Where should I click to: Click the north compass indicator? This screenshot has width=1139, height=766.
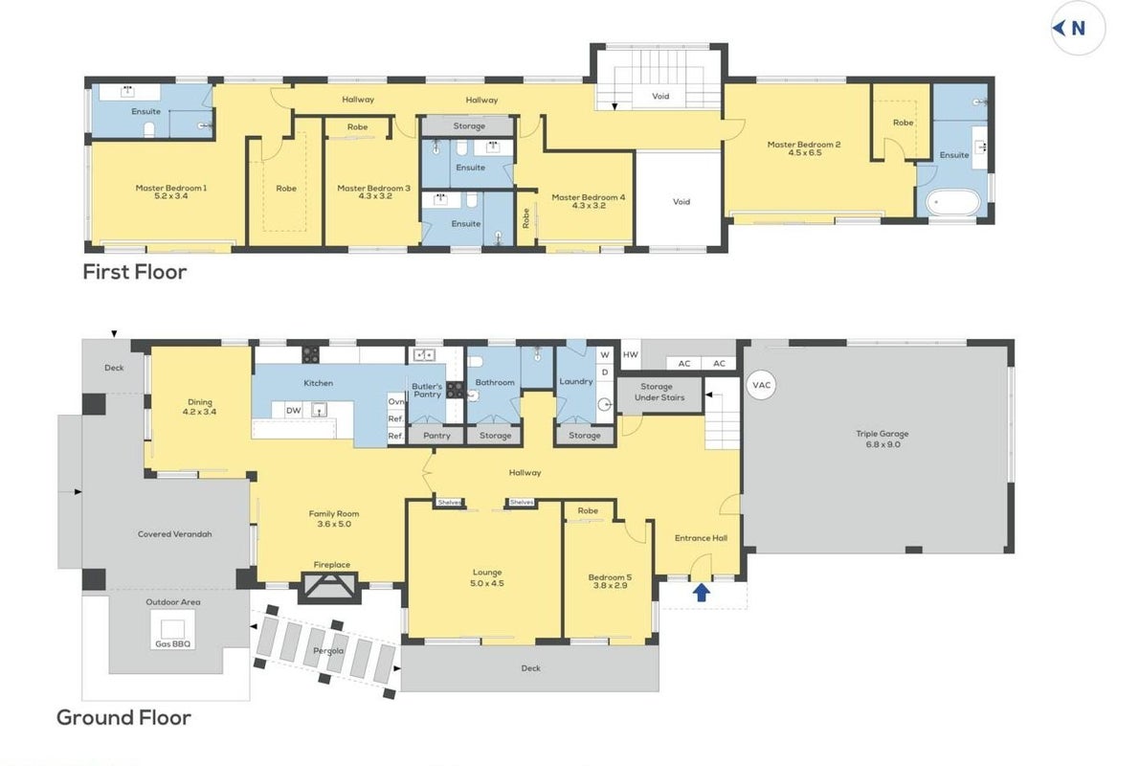point(1078,29)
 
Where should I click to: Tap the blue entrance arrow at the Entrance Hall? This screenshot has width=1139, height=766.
point(701,593)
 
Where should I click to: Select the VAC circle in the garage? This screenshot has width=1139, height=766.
point(761,385)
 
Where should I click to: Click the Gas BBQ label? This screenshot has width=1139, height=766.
point(172,643)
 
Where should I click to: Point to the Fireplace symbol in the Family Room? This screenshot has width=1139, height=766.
point(330,586)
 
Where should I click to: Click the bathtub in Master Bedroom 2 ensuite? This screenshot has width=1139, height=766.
point(953,202)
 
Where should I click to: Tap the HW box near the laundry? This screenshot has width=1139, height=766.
point(631,354)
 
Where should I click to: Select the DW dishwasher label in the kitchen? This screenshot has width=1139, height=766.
point(293,411)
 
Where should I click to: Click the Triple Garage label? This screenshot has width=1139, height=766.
point(882,434)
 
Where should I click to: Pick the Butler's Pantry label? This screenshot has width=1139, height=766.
point(427,391)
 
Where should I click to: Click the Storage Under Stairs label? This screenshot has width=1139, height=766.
point(659,393)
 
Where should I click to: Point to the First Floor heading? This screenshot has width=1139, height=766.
point(134,272)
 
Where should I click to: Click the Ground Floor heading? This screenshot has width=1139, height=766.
point(123,717)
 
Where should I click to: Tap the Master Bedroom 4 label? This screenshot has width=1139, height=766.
point(588,197)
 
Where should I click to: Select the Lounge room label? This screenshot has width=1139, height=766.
point(486,573)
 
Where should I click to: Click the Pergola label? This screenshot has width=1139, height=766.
point(328,650)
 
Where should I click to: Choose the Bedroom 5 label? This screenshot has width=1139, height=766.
point(610,577)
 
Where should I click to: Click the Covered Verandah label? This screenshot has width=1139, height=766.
point(174,534)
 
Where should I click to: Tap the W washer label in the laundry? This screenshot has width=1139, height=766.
point(604,355)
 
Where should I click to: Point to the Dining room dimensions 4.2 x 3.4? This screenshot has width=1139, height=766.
point(200,412)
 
